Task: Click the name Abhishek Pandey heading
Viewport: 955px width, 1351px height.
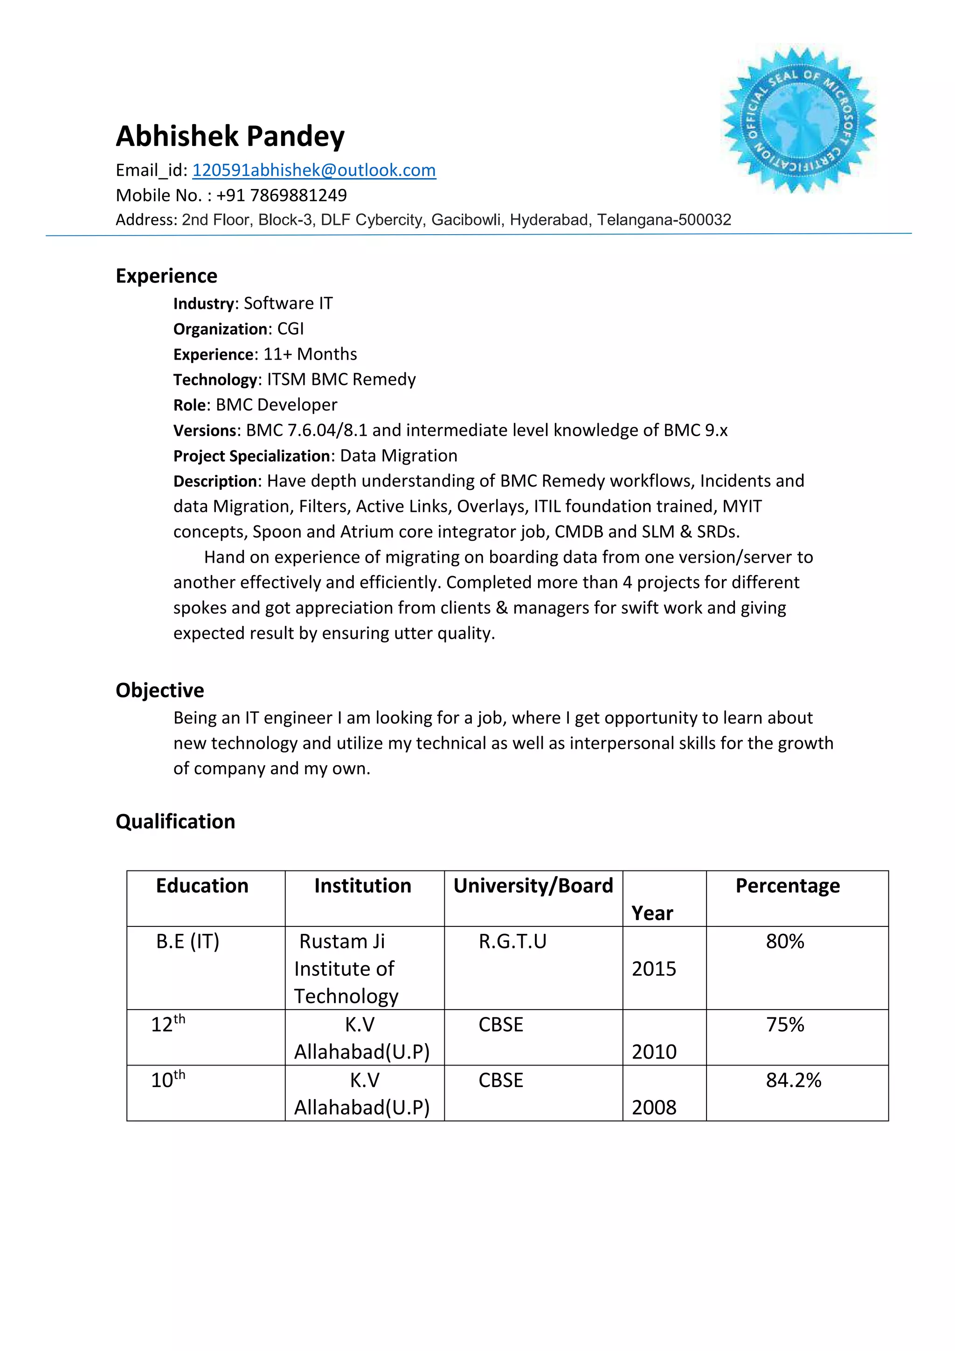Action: click(230, 137)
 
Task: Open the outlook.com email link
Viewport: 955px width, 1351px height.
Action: click(314, 170)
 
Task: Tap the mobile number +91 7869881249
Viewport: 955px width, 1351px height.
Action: click(281, 195)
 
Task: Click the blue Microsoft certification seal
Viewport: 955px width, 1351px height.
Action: click(799, 120)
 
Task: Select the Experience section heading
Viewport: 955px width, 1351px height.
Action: click(166, 276)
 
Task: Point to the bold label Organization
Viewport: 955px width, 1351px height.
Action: click(221, 329)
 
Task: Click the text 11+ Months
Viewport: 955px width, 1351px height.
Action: click(310, 354)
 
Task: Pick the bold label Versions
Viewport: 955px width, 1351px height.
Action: click(205, 431)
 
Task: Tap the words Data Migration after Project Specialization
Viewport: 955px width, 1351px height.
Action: click(398, 456)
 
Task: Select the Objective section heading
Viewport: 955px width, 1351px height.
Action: click(160, 690)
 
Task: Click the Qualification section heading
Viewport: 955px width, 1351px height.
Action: click(175, 822)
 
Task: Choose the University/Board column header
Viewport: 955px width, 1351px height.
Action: click(533, 885)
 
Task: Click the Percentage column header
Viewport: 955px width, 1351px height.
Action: click(788, 885)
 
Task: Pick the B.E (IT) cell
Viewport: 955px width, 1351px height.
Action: click(187, 941)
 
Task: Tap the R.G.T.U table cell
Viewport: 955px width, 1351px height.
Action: click(512, 941)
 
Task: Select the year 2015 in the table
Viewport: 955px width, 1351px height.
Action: click(654, 968)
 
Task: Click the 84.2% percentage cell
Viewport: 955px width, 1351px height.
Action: click(793, 1080)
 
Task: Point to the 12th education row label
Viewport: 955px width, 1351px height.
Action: click(167, 1024)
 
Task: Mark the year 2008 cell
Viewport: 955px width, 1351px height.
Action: click(654, 1107)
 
